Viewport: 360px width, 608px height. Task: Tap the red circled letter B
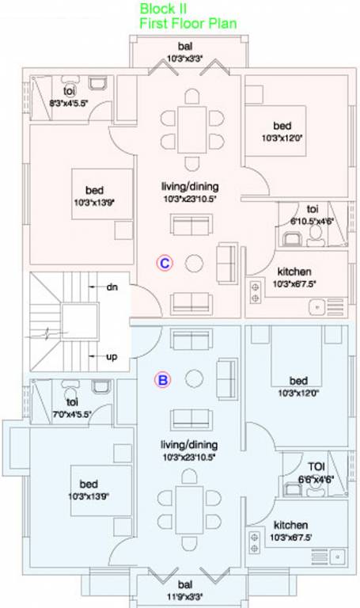click(x=162, y=380)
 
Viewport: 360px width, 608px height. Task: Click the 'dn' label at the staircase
click(x=112, y=287)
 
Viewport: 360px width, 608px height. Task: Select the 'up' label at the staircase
click(x=112, y=357)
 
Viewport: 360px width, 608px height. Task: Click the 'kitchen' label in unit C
click(x=294, y=272)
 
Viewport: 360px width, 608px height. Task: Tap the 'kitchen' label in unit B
click(x=290, y=525)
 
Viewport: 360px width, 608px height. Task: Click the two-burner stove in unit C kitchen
click(x=256, y=292)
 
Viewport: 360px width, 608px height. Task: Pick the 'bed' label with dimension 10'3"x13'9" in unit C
click(x=94, y=191)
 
